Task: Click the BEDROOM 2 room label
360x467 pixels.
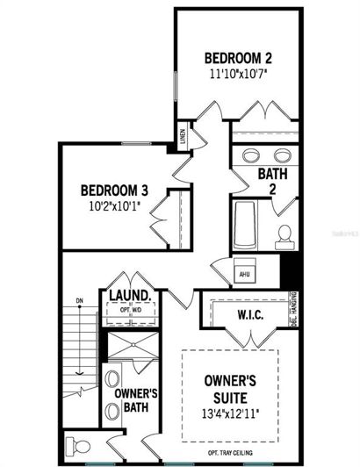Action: (x=238, y=58)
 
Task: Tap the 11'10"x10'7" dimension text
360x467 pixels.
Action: (x=238, y=75)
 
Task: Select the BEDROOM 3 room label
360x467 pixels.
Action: (x=114, y=190)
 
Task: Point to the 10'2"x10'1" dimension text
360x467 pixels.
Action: (x=114, y=206)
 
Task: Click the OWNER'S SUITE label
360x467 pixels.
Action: (x=230, y=389)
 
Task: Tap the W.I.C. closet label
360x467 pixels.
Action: (x=253, y=313)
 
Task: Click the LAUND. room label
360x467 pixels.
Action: (x=132, y=296)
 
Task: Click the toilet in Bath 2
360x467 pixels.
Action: (x=284, y=234)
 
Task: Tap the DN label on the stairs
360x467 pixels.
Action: (x=79, y=302)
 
